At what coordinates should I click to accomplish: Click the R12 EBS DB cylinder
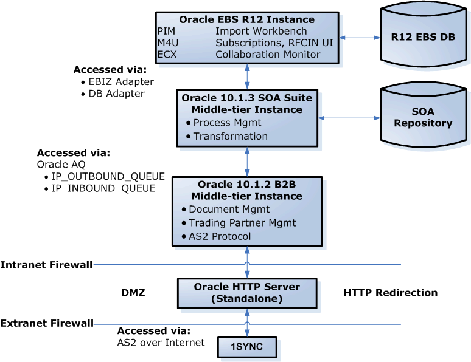point(422,38)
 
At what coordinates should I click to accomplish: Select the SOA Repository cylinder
point(423,118)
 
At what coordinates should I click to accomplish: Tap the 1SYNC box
point(246,347)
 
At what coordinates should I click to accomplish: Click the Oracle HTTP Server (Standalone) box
point(247,292)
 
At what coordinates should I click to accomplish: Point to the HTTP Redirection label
point(390,293)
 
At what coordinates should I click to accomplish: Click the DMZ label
point(133,293)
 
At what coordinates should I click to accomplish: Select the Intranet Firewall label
point(46,265)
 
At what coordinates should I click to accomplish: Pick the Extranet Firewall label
point(46,323)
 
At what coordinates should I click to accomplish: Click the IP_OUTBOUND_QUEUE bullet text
point(108,176)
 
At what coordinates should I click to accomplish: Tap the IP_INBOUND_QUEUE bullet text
point(103,188)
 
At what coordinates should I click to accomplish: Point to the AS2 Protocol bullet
point(220,236)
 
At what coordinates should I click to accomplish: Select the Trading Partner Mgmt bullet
point(242,223)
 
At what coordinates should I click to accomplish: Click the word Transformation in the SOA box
point(231,136)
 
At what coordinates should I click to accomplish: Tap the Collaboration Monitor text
point(268,55)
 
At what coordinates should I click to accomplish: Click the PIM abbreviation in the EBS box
point(166,31)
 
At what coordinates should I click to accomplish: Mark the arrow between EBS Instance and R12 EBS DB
point(360,38)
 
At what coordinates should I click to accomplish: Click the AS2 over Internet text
point(161,343)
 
